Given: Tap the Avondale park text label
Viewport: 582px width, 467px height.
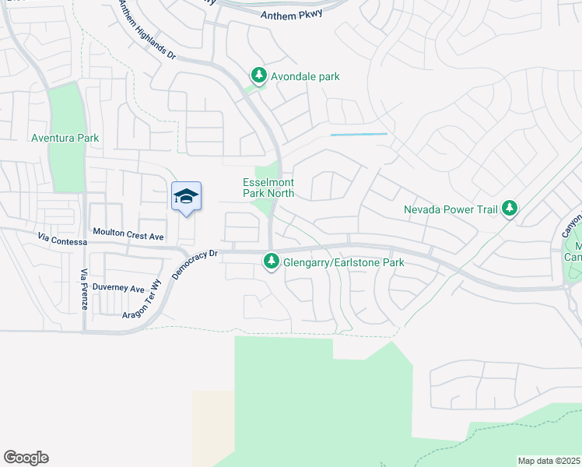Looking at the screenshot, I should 305,76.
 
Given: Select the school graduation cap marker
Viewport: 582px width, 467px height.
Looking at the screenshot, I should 186,196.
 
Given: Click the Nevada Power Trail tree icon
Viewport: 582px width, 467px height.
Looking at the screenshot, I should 510,208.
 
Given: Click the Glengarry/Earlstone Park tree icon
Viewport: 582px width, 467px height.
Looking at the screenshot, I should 271,262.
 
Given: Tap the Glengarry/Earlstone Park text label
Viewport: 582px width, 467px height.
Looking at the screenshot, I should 343,263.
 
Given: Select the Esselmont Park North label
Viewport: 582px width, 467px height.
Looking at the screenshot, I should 268,188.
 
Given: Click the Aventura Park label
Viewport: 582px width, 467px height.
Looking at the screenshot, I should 65,138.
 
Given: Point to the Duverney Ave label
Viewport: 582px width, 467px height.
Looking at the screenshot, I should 118,287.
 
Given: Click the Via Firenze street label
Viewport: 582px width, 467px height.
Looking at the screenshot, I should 84,289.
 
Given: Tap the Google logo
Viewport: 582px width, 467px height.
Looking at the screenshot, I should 26,458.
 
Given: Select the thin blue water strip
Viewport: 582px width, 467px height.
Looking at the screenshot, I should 359,135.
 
